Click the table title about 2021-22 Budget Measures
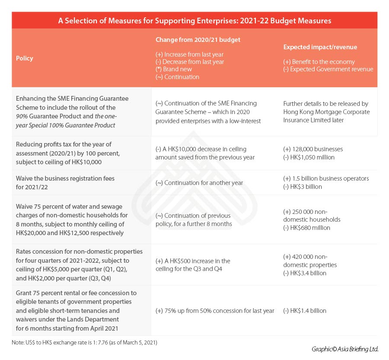click(x=194, y=21)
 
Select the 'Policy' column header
click(x=25, y=58)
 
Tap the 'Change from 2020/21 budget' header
click(x=198, y=40)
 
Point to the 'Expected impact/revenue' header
click(x=320, y=47)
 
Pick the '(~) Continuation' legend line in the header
click(x=178, y=77)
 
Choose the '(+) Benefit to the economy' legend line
click(x=319, y=62)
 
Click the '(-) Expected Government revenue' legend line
click(x=328, y=69)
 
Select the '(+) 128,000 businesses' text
click(x=313, y=149)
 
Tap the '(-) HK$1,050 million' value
click(x=309, y=157)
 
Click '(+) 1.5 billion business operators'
click(x=326, y=178)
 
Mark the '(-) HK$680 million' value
click(x=306, y=228)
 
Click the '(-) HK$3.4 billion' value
click(x=305, y=273)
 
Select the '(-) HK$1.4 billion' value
click(x=305, y=311)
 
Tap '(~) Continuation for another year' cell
click(x=199, y=183)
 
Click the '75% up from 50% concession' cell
click(x=215, y=311)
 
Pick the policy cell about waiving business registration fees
click(x=65, y=182)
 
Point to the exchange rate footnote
click(x=85, y=343)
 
